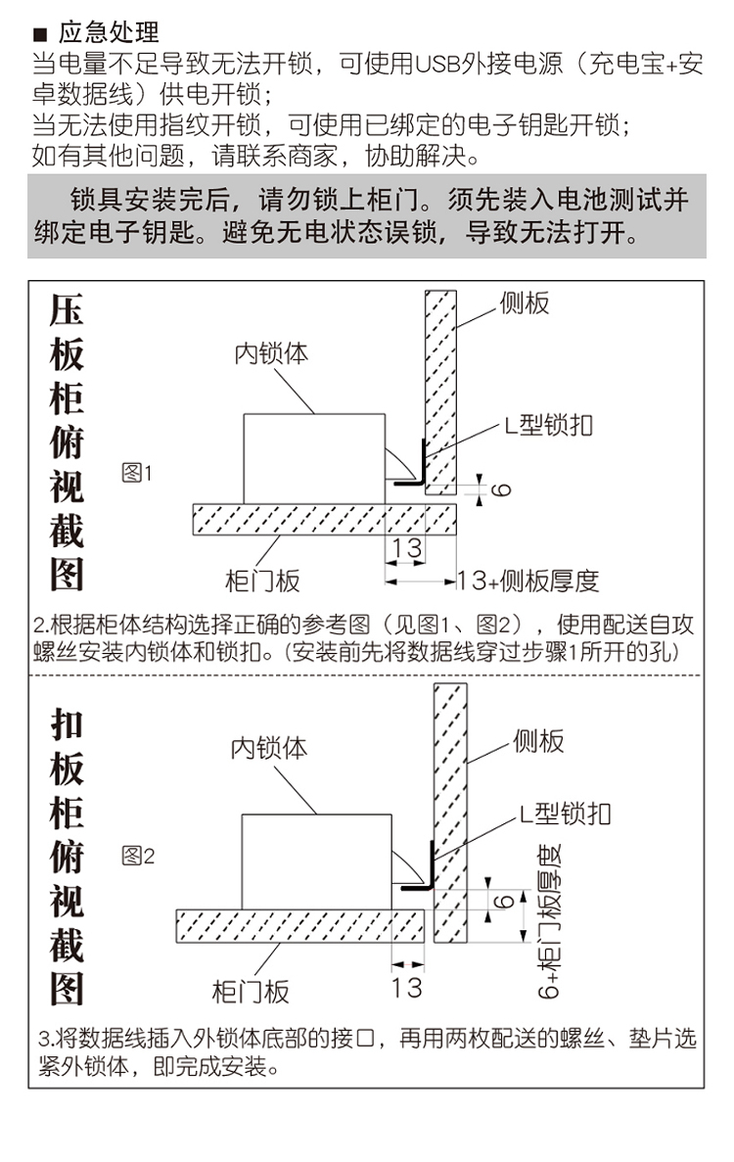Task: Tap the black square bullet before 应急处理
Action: [42, 33]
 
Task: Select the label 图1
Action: [137, 474]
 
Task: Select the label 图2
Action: [137, 857]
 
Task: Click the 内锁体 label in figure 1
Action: [270, 353]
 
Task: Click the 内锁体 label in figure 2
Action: [268, 748]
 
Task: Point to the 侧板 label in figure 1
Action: [525, 303]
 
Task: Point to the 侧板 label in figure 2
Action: [538, 741]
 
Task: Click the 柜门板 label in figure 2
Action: [251, 992]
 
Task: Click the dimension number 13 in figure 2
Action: [406, 987]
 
